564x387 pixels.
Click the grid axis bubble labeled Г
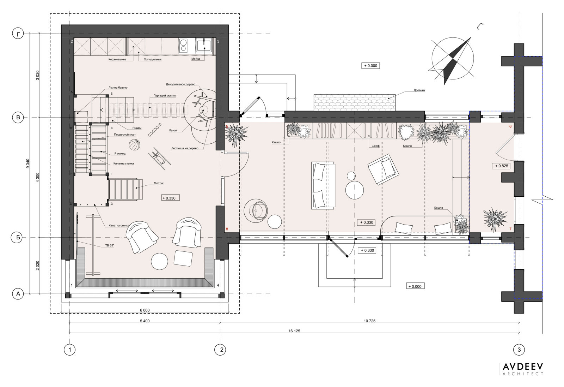pos(18,34)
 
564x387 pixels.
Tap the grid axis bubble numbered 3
pos(519,350)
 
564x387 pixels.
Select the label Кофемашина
pos(117,60)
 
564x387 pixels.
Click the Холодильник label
pos(153,60)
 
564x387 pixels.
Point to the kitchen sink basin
pos(204,46)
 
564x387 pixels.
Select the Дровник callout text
pos(419,90)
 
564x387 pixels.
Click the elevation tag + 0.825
pos(501,166)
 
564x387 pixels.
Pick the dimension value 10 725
pos(369,321)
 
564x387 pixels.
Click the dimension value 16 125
pos(294,331)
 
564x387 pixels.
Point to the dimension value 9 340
pos(28,163)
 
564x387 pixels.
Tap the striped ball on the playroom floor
pos(134,145)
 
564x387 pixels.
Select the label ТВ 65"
pos(110,245)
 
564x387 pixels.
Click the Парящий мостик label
pos(164,96)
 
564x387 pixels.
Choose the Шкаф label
pos(375,146)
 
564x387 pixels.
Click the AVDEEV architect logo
pos(522,369)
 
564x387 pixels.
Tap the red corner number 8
pos(227,229)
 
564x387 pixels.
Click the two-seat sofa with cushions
pos(323,185)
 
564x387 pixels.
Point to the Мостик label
pos(159,183)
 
